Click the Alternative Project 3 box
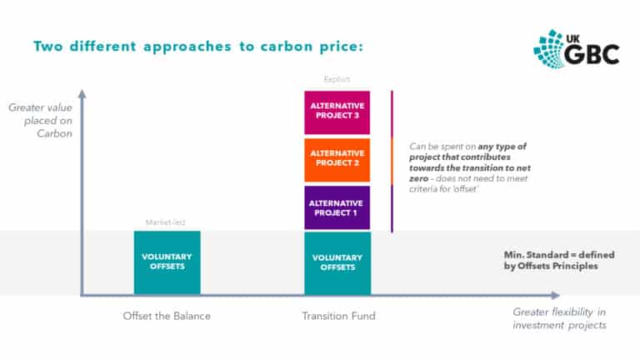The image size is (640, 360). pyautogui.click(x=337, y=112)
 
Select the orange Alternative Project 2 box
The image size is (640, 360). pyautogui.click(x=337, y=159)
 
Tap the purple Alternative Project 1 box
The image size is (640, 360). pyautogui.click(x=337, y=207)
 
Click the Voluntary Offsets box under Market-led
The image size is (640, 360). pyautogui.click(x=167, y=262)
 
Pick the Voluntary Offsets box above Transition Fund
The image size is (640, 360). pyautogui.click(x=337, y=262)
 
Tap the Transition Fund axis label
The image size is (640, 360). pyautogui.click(x=338, y=316)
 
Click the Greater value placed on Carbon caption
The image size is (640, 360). pyautogui.click(x=40, y=120)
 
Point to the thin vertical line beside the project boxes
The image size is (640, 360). pyautogui.click(x=392, y=160)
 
